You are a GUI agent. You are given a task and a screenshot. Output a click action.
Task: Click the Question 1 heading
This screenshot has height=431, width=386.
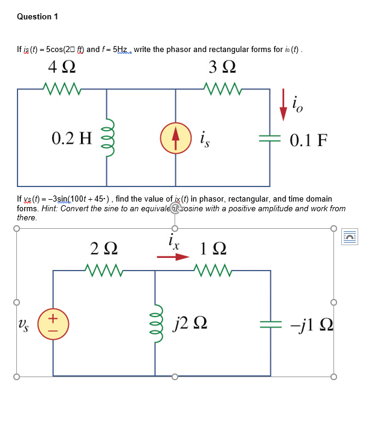[37, 16]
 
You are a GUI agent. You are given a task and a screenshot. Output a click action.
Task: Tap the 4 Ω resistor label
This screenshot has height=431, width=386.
[61, 67]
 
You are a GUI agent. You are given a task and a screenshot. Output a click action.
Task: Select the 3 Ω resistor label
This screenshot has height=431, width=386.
[222, 67]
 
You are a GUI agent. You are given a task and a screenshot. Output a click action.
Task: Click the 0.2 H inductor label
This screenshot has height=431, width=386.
[72, 139]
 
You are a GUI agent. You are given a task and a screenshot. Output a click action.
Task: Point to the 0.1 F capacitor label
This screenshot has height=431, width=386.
[309, 140]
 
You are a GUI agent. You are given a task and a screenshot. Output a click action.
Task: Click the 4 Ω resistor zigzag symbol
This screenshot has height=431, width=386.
[62, 90]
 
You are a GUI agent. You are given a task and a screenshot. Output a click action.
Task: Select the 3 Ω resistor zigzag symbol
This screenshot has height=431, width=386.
[223, 90]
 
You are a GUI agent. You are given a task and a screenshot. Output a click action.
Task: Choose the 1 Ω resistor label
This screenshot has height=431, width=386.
[213, 249]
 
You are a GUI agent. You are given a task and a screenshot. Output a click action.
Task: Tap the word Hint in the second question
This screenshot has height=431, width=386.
[51, 209]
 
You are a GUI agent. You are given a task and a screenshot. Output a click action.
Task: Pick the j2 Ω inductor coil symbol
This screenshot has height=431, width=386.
[156, 322]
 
